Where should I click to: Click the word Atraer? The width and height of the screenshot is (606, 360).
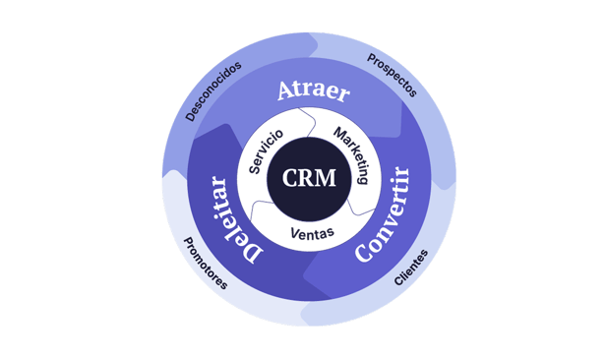314,90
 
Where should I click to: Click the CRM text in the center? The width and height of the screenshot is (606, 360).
309,178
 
